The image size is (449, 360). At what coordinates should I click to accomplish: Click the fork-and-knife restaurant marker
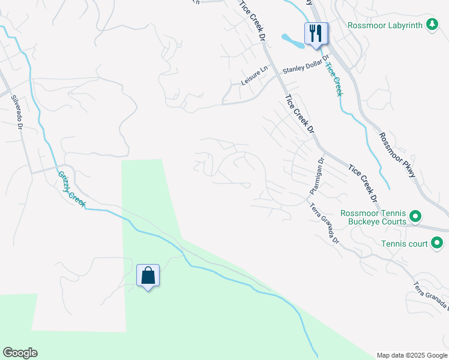316,32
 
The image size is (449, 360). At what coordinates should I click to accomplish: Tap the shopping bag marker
148,276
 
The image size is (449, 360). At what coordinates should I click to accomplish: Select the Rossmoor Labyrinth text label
385,25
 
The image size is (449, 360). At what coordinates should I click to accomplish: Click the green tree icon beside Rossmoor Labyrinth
431,25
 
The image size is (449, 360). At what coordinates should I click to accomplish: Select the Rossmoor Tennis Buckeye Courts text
373,217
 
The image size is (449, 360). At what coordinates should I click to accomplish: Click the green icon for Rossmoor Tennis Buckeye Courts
415,216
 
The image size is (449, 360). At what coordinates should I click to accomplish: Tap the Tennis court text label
405,244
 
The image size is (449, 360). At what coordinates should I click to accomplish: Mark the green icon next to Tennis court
437,243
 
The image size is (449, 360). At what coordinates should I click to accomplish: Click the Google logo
20,353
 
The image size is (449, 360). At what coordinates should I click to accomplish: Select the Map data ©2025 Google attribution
412,355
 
